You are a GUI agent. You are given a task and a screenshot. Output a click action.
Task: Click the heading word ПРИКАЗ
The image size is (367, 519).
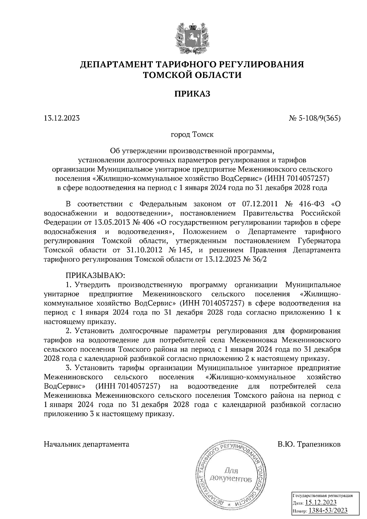click(192, 94)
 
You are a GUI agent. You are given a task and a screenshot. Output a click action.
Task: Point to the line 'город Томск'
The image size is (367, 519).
click(192, 134)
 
